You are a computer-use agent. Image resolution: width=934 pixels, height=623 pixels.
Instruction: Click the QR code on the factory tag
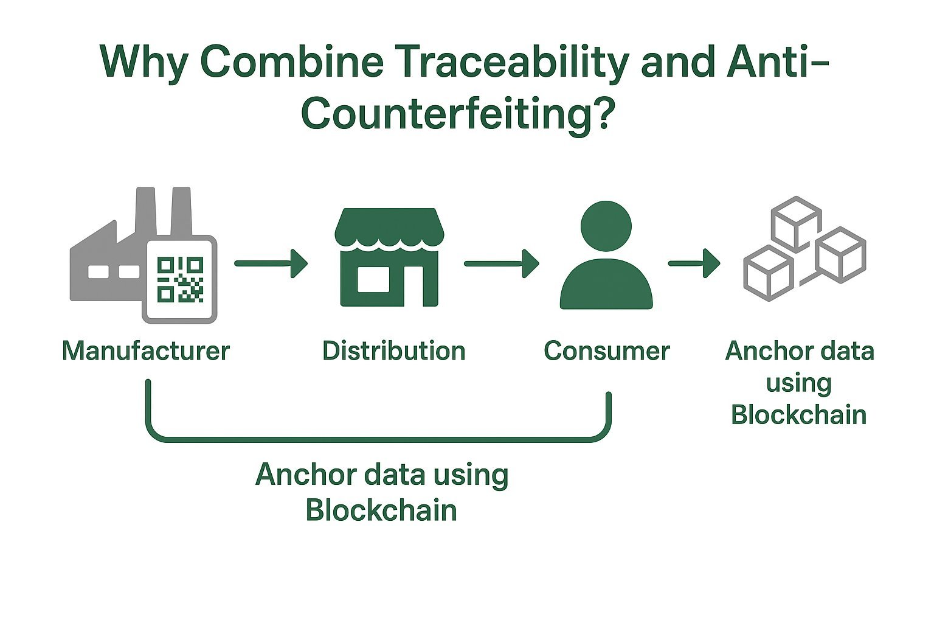180,279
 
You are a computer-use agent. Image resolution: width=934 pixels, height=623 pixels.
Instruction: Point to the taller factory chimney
145,210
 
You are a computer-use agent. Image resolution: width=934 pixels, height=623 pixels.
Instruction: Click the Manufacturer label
146,351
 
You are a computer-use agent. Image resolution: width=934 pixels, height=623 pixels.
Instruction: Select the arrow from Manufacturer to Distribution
271,263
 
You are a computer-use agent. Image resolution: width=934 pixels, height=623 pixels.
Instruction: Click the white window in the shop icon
373,279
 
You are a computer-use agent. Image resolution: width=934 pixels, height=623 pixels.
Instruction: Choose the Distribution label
393,351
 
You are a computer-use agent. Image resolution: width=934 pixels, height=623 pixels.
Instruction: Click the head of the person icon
606,226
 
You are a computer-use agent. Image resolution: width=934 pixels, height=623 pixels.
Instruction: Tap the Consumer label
606,351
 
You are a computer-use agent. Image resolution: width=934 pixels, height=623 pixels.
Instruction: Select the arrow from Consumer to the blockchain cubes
694,263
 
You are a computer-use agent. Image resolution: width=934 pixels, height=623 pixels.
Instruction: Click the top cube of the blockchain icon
796,223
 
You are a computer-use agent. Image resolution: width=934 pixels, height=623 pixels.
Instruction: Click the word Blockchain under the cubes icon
798,415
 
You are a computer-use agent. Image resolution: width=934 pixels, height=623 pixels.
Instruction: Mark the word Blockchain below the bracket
381,510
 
